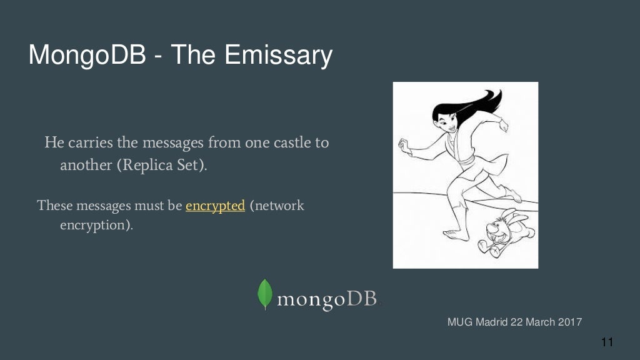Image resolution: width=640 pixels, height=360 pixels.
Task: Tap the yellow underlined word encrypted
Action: tap(215, 206)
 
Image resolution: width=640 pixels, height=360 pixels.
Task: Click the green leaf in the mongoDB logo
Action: tap(265, 294)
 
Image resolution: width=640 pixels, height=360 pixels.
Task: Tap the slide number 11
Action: tap(607, 342)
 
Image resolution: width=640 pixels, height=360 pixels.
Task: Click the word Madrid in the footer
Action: tap(494, 322)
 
